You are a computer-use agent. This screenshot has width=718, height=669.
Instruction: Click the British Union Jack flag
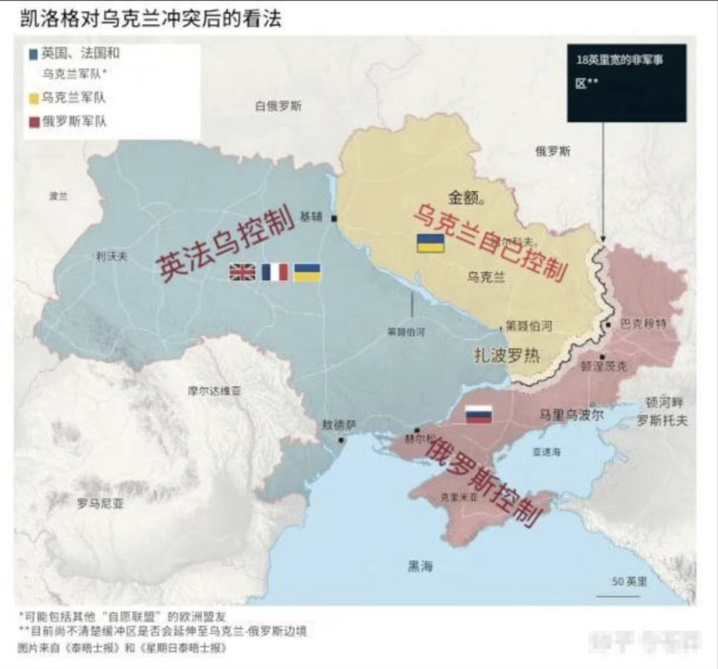coord(242,272)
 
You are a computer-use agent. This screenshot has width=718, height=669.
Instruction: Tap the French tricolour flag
coord(275,272)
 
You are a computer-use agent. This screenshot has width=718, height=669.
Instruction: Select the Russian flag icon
coord(479,414)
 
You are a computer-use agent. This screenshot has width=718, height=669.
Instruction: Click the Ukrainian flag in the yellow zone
coord(431,243)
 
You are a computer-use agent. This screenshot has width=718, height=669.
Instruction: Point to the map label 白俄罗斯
coord(278,107)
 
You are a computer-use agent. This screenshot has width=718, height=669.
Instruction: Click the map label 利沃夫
coord(111,257)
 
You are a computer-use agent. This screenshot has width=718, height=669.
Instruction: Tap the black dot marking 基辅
coord(334,219)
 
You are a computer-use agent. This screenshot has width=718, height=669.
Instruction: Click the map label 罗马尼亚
coord(100,503)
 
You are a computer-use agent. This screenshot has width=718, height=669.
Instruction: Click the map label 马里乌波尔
coord(570,414)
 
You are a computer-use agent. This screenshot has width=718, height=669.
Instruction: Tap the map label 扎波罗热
coord(507,355)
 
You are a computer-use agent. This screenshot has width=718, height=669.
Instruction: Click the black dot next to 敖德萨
coord(341,440)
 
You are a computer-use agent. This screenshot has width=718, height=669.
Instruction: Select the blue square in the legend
coord(32,54)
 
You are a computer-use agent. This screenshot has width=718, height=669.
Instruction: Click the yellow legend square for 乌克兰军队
coord(32,98)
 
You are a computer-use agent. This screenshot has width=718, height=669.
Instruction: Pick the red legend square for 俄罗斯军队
coord(32,121)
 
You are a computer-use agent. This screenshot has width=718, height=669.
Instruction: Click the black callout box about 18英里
coord(626,82)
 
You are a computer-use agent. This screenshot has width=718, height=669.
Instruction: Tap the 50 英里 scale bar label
coord(629,582)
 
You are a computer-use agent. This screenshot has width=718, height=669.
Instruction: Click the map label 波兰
coord(58,196)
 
